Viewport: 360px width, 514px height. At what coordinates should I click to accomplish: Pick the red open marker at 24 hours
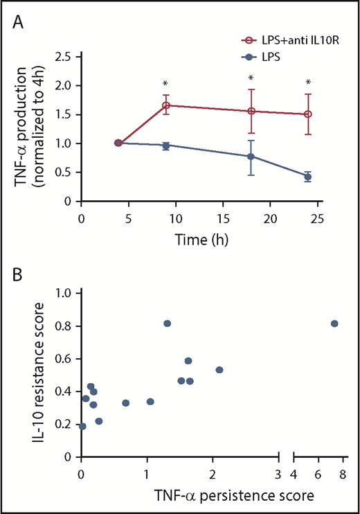(x=307, y=114)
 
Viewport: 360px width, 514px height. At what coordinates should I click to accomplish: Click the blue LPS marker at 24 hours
(x=307, y=177)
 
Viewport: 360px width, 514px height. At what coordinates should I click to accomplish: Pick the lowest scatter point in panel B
(x=83, y=426)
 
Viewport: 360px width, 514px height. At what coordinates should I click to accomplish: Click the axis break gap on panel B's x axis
(x=286, y=457)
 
